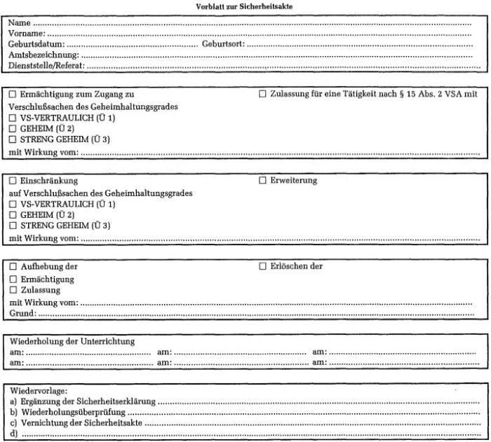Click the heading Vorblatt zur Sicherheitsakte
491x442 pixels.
pos(245,6)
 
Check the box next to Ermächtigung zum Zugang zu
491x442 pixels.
pos(13,94)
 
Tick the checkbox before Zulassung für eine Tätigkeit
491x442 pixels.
pos(263,94)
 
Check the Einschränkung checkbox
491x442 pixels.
pos(13,181)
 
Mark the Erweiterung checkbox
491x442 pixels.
pos(263,181)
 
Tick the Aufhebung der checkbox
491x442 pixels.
pos(13,267)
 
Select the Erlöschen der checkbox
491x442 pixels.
pos(263,267)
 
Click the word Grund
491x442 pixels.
pos(22,315)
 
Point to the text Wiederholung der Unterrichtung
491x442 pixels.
pos(72,341)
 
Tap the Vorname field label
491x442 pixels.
pos(27,33)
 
